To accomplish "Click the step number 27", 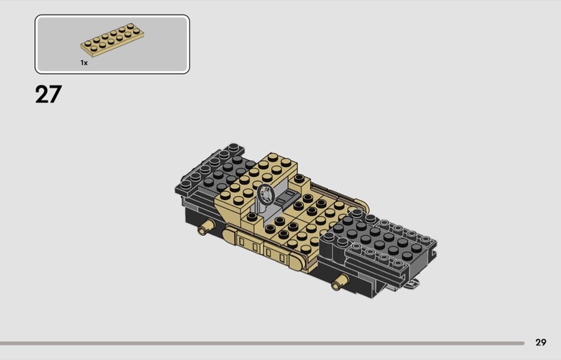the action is [48, 95].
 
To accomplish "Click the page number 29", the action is [541, 342].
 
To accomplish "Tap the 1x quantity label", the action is [84, 63].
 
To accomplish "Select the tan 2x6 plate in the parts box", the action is [112, 40].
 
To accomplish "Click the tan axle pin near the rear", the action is [205, 227].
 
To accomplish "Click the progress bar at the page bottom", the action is [262, 343].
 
